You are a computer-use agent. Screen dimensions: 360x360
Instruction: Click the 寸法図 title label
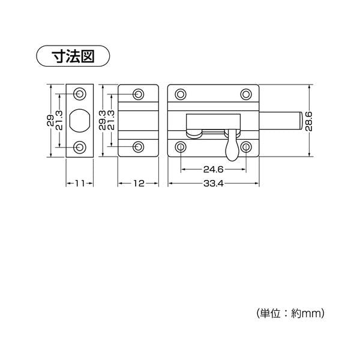pyautogui.click(x=73, y=56)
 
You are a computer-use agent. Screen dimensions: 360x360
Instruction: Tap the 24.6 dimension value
pyautogui.click(x=213, y=170)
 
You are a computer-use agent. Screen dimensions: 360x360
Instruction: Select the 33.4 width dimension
pyautogui.click(x=213, y=184)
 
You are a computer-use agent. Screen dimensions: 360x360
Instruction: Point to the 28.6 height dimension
pyautogui.click(x=309, y=121)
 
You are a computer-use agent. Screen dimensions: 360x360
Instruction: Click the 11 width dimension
pyautogui.click(x=80, y=184)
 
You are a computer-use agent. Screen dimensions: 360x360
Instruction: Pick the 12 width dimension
pyautogui.click(x=139, y=184)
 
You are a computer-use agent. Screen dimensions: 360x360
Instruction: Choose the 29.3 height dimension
pyautogui.click(x=103, y=121)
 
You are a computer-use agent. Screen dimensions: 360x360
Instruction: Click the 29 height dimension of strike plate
pyautogui.click(x=50, y=121)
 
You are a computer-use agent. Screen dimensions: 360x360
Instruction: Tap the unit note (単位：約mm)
pyautogui.click(x=290, y=313)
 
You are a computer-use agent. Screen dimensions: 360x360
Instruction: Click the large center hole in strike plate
pyautogui.click(x=79, y=121)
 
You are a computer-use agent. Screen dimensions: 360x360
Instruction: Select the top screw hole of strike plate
pyautogui.click(x=80, y=94)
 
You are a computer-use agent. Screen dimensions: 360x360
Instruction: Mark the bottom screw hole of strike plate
pyautogui.click(x=80, y=147)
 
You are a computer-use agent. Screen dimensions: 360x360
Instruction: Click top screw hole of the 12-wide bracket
pyautogui.click(x=139, y=94)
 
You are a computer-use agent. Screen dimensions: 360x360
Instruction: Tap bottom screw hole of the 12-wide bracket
pyautogui.click(x=139, y=147)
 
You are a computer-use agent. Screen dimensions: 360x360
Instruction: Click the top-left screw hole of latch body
pyautogui.click(x=181, y=94)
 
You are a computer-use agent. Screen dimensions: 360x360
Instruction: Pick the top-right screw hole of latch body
pyautogui.click(x=246, y=94)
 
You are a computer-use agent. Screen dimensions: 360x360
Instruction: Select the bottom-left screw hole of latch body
pyautogui.click(x=181, y=147)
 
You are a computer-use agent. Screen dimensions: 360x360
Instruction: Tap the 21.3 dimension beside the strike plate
pyautogui.click(x=59, y=121)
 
